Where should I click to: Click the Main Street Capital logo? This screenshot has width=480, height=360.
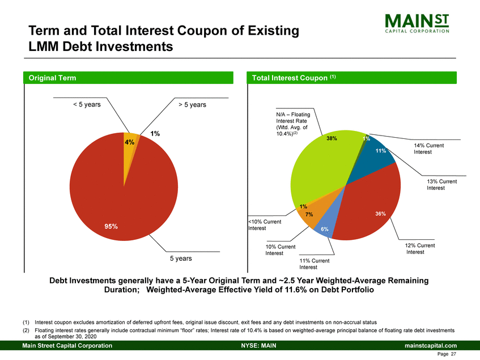pyautogui.click(x=417, y=24)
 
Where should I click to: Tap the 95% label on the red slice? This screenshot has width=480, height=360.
pyautogui.click(x=111, y=226)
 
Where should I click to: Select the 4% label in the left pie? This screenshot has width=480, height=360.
pyautogui.click(x=130, y=143)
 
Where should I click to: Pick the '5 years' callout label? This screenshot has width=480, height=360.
pyautogui.click(x=180, y=259)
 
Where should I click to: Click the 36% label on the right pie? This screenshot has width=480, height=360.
pyautogui.click(x=380, y=214)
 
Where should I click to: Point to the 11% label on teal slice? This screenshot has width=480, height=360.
pyautogui.click(x=380, y=151)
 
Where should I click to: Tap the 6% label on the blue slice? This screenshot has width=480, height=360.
pyautogui.click(x=325, y=229)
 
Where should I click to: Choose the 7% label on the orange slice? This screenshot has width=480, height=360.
pyautogui.click(x=309, y=215)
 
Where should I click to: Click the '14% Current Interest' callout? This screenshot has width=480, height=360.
pyautogui.click(x=428, y=149)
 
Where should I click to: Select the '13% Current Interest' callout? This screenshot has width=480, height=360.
pyautogui.click(x=441, y=184)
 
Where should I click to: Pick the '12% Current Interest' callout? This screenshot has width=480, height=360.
pyautogui.click(x=420, y=249)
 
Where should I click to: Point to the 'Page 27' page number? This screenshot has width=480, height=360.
pyautogui.click(x=447, y=354)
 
